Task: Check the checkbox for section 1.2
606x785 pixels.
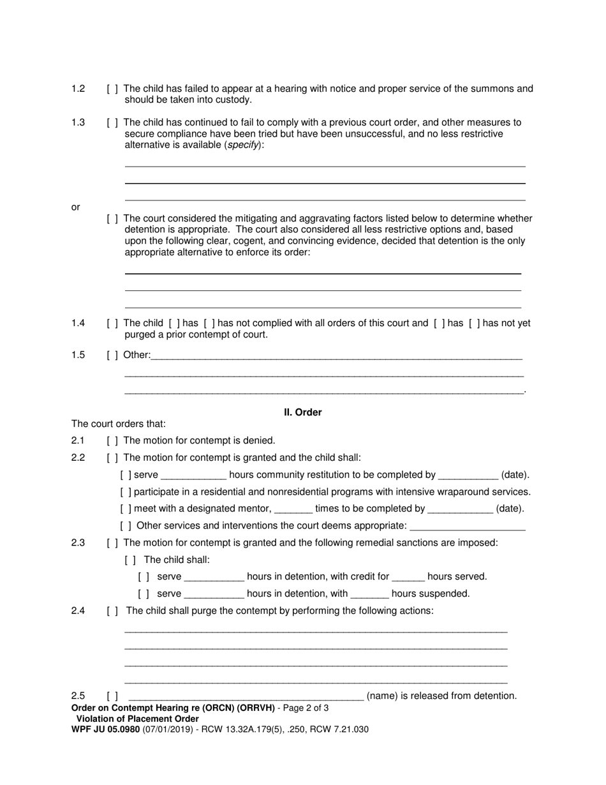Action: coord(112,89)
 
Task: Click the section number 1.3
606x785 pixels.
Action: coord(78,123)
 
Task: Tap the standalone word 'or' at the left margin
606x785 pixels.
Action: coord(75,207)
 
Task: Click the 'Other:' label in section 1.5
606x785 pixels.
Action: coord(137,355)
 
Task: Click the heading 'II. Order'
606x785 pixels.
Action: coord(302,413)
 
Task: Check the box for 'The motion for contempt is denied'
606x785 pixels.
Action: coord(112,441)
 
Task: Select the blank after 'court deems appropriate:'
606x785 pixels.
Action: coord(468,527)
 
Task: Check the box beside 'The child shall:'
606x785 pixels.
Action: coord(130,560)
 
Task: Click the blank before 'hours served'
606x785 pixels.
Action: coord(408,577)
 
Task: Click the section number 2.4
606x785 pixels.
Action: coord(78,611)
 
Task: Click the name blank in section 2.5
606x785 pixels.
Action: coord(245,696)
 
